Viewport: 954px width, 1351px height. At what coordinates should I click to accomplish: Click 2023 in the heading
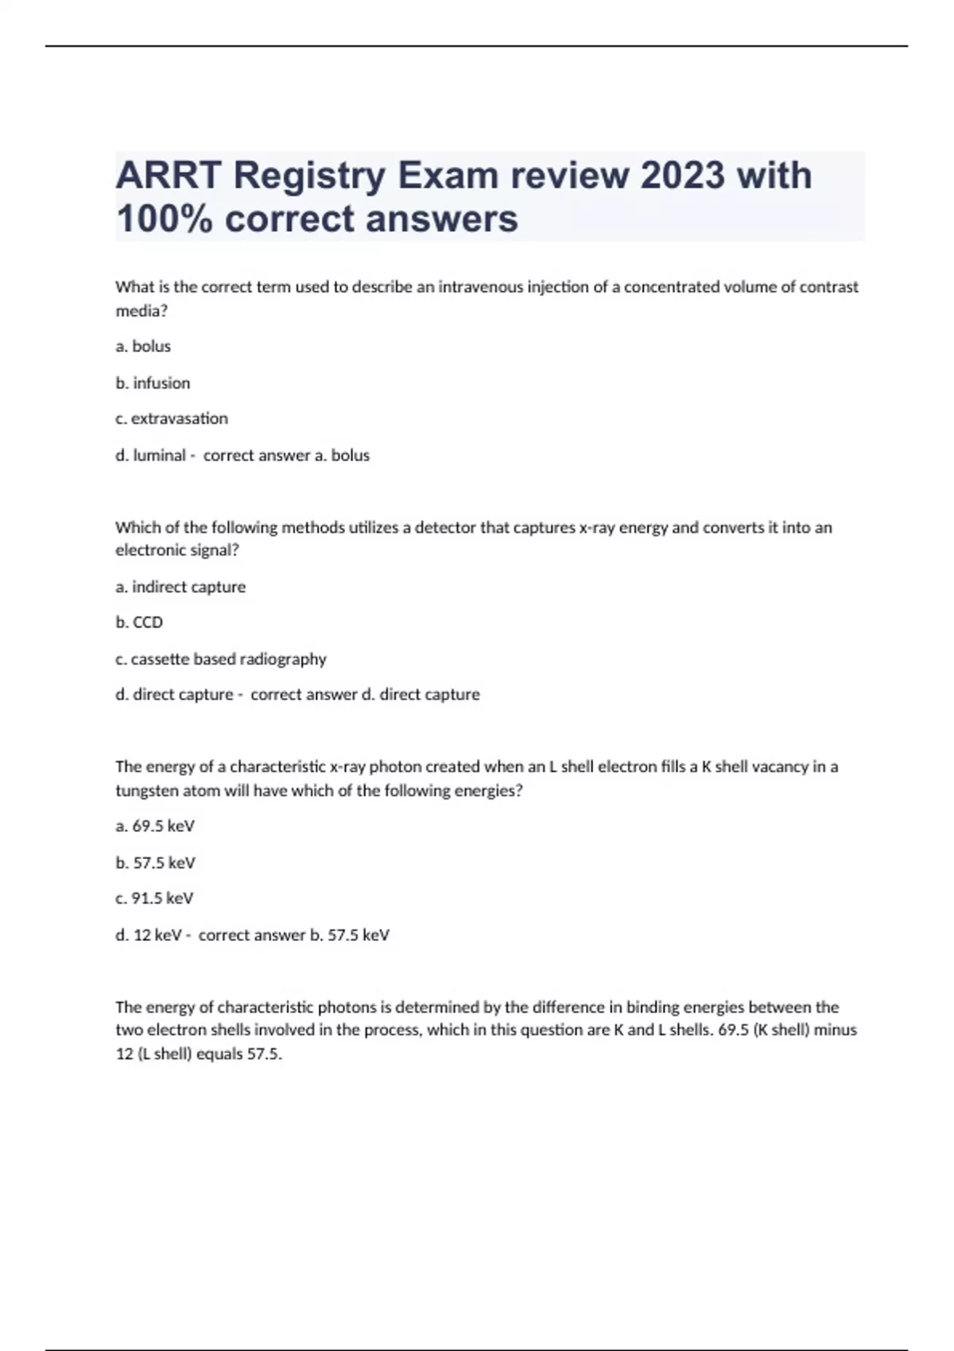click(x=683, y=175)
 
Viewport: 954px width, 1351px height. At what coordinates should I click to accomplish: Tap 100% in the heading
click(x=164, y=219)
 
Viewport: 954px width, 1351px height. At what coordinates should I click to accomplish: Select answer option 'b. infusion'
click(x=153, y=383)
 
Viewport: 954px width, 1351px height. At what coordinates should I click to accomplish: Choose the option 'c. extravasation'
click(x=172, y=419)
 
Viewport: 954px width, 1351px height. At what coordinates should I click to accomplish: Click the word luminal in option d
click(x=159, y=455)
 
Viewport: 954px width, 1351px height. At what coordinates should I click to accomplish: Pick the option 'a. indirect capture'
click(x=180, y=587)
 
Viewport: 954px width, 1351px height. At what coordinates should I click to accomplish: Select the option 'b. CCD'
click(x=139, y=622)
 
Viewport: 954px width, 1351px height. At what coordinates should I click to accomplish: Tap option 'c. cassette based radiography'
click(x=221, y=659)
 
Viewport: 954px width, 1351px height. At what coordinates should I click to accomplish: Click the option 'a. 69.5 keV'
click(x=155, y=826)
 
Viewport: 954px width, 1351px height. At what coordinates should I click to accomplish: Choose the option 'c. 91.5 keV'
click(x=154, y=899)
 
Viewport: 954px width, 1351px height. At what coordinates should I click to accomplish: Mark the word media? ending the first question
click(x=142, y=311)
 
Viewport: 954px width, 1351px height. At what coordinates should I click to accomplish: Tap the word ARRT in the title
click(x=168, y=175)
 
